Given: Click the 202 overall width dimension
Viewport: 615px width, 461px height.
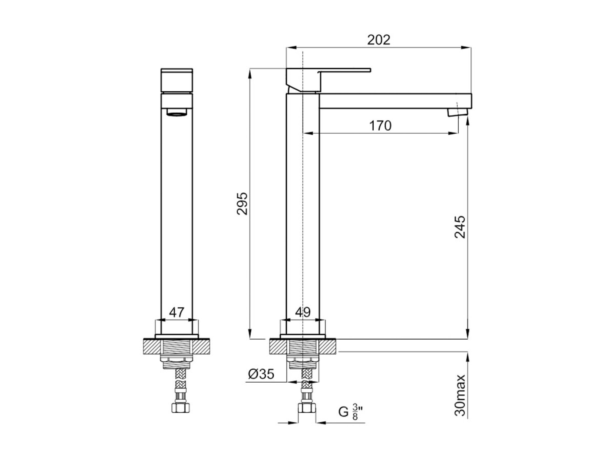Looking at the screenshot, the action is (379, 40).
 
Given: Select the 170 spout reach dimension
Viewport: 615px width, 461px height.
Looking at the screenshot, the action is (380, 126).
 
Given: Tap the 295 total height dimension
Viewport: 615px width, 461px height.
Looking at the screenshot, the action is (242, 203).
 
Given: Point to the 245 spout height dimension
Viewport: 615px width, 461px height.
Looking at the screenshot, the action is (460, 227).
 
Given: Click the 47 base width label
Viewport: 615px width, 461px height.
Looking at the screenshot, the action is (177, 312).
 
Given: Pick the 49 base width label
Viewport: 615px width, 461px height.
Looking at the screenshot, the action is (303, 312).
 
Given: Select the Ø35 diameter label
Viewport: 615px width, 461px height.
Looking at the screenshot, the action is (261, 374).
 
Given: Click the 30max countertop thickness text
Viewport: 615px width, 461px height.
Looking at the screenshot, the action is (460, 396).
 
